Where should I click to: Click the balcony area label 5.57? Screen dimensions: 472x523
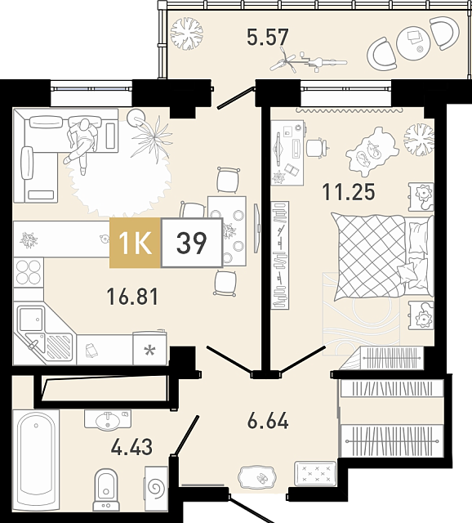point(267,37)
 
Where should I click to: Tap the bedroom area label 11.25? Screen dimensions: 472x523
point(349,192)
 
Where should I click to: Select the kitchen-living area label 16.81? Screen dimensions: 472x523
point(132,297)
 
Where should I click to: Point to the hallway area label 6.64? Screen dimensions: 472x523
point(268,421)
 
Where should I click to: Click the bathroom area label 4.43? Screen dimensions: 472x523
point(131,447)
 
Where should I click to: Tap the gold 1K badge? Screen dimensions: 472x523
point(135,243)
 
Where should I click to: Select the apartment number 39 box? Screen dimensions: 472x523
point(192,243)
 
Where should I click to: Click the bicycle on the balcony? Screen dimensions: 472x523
point(308,61)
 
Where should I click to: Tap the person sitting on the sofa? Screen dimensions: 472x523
point(81,144)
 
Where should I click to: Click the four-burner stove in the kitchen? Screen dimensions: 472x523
point(29,272)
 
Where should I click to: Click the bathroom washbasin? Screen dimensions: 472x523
point(107,419)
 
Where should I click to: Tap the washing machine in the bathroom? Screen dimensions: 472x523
point(156,489)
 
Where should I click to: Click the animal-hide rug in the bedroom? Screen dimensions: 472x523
point(372,152)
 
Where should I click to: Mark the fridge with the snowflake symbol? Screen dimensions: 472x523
point(149,347)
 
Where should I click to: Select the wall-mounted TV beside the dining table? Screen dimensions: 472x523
point(256,228)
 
